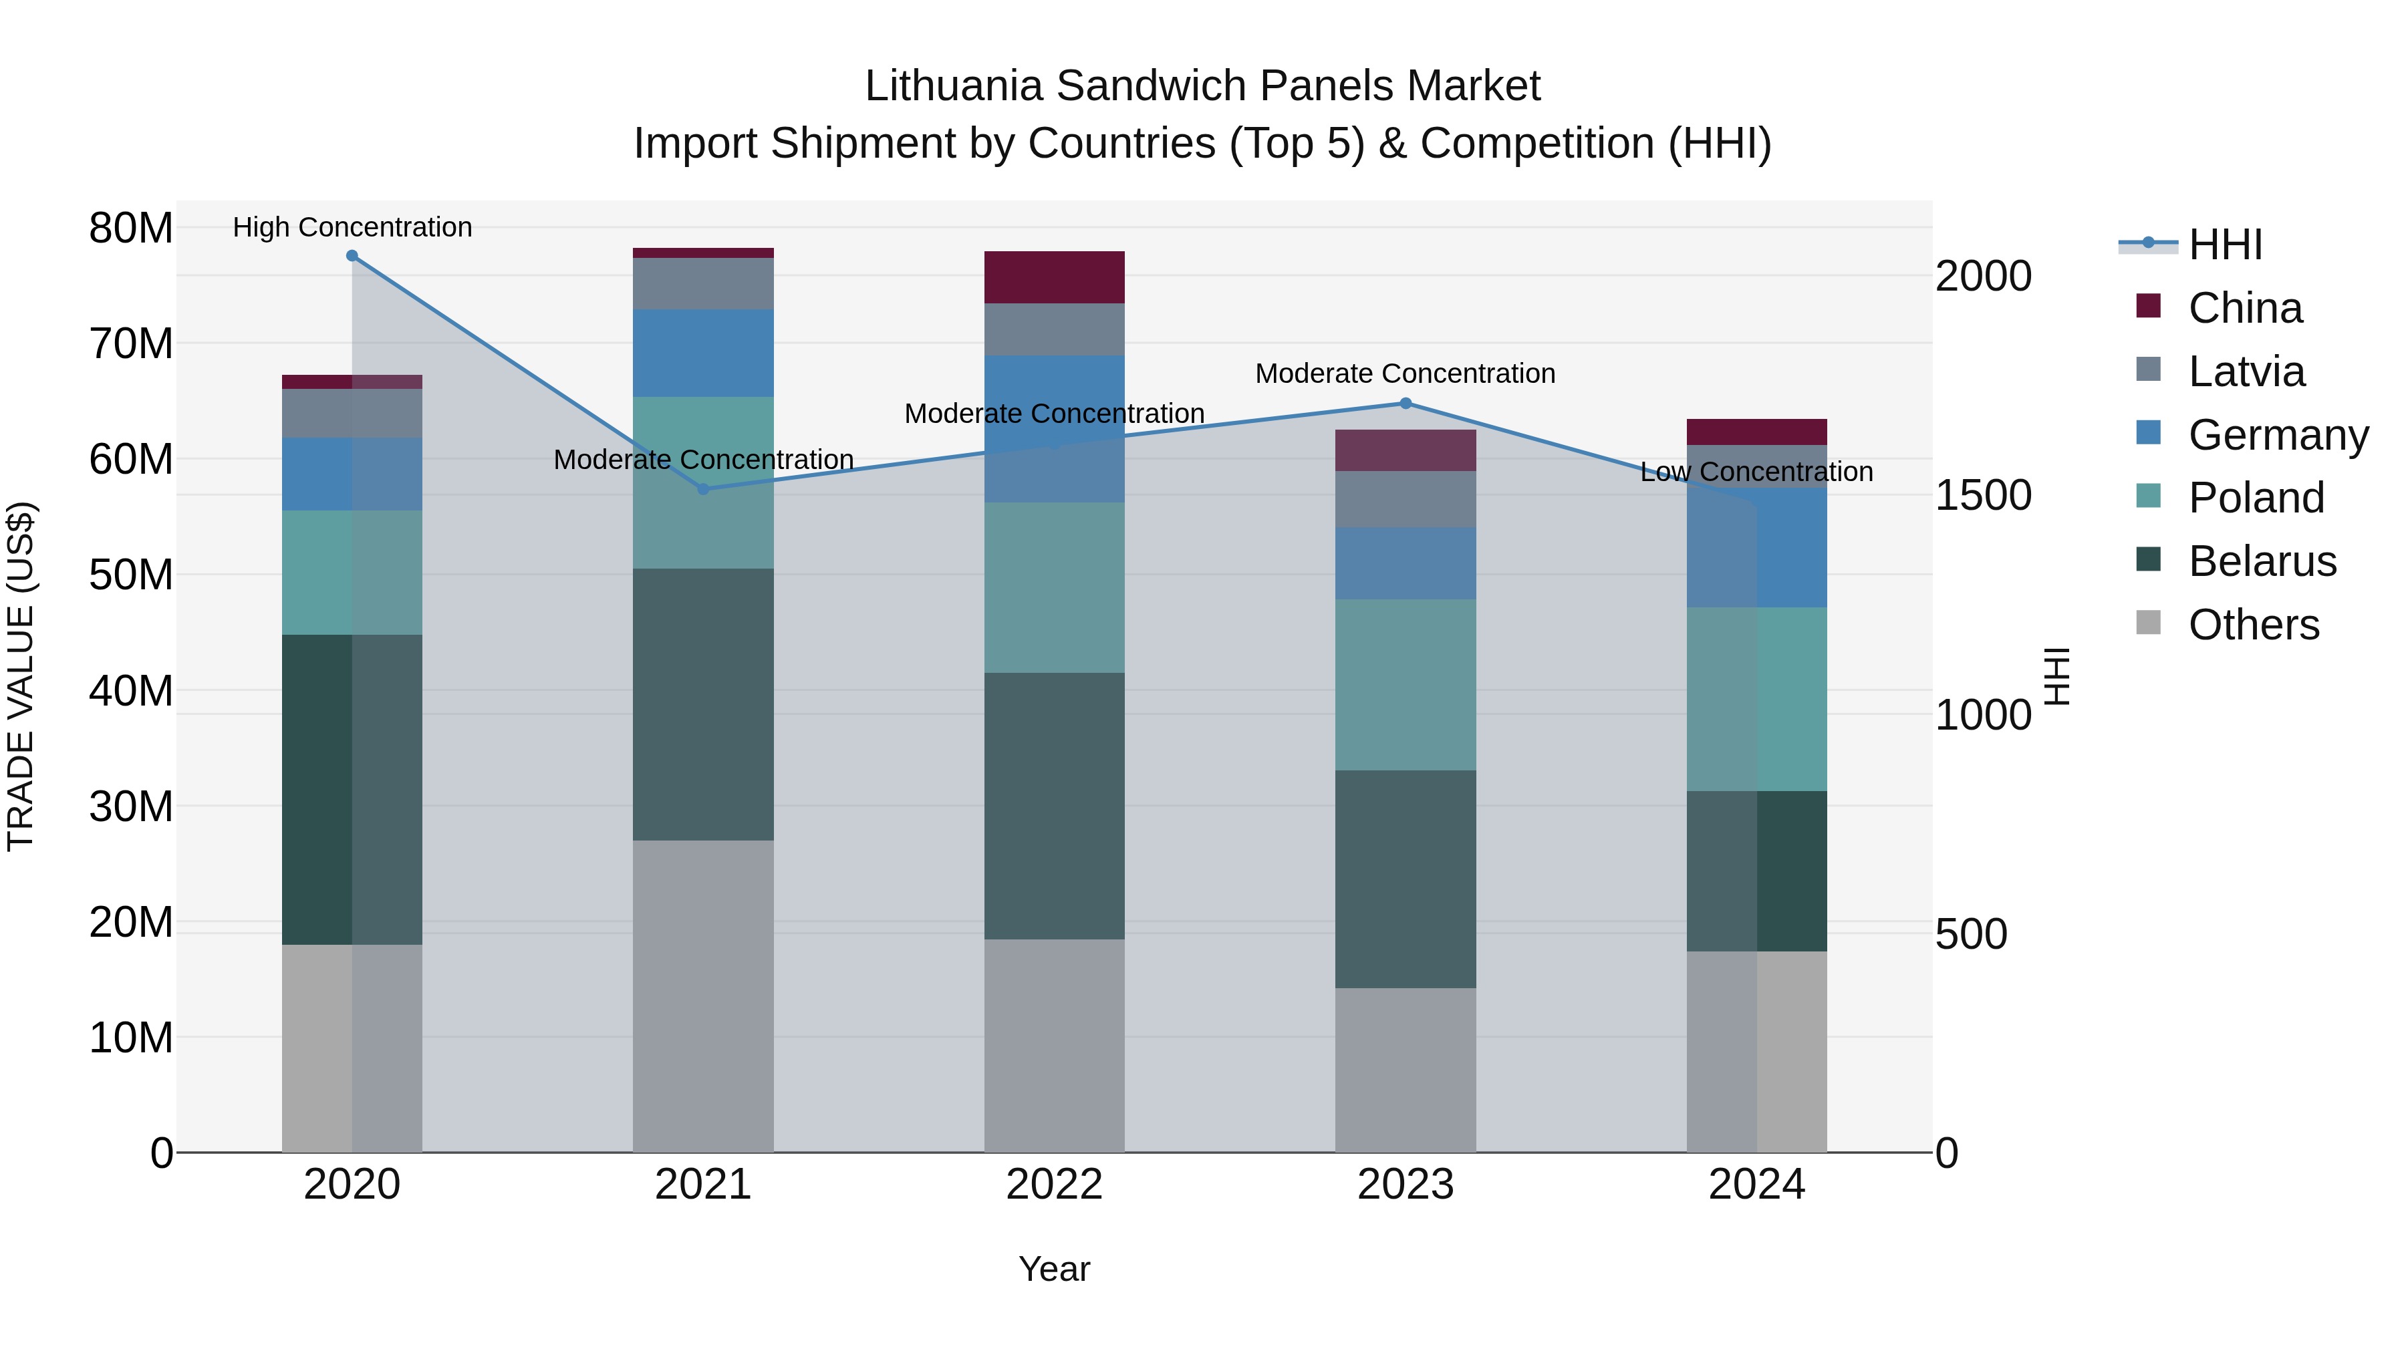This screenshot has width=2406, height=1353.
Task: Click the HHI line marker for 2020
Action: pyautogui.click(x=352, y=256)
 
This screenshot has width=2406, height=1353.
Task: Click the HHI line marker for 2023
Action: pyautogui.click(x=1406, y=404)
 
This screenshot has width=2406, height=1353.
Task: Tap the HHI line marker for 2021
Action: pyautogui.click(x=703, y=489)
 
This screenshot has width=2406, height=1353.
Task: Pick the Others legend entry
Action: pyautogui.click(x=2253, y=625)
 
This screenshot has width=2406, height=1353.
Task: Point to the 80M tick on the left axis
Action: pyautogui.click(x=131, y=228)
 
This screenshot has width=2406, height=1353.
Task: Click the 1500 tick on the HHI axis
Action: pyautogui.click(x=1983, y=496)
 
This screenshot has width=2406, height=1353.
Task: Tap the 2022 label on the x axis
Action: pyautogui.click(x=1055, y=1185)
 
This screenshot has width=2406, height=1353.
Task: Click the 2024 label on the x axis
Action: pyautogui.click(x=1757, y=1185)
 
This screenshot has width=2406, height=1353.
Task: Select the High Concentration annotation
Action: pyautogui.click(x=352, y=227)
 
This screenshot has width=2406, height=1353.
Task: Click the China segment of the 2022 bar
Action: pyautogui.click(x=1055, y=277)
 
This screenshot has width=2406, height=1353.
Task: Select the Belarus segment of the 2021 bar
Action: pyautogui.click(x=703, y=704)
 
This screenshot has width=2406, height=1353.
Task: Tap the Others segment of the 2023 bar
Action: pyautogui.click(x=1406, y=1070)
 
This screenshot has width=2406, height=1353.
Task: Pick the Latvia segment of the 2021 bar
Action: pyautogui.click(x=703, y=284)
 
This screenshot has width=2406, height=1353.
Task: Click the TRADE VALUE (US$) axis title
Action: pyautogui.click(x=21, y=676)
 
